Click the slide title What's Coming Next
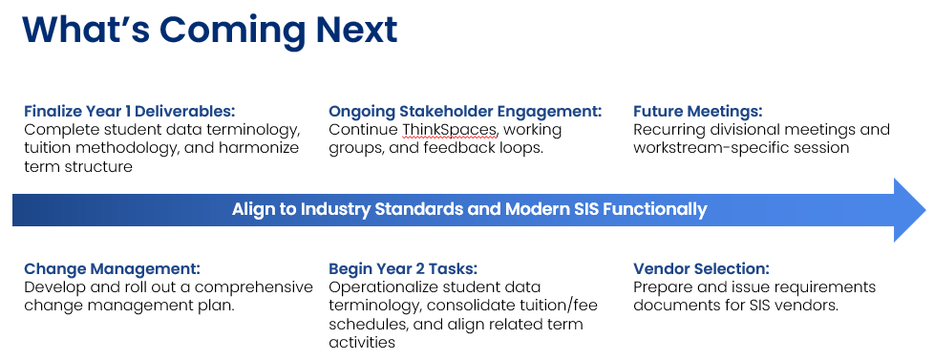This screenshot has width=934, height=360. [210, 30]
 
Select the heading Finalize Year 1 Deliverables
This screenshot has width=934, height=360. [130, 112]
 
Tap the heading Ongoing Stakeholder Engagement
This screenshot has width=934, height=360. [465, 112]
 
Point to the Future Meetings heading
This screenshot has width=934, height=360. [697, 112]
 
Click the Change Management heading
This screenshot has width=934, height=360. [112, 269]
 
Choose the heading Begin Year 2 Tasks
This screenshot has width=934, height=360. [403, 269]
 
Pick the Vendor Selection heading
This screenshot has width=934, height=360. [701, 269]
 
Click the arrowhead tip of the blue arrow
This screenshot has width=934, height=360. [926, 210]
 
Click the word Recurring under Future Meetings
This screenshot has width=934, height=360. [671, 130]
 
